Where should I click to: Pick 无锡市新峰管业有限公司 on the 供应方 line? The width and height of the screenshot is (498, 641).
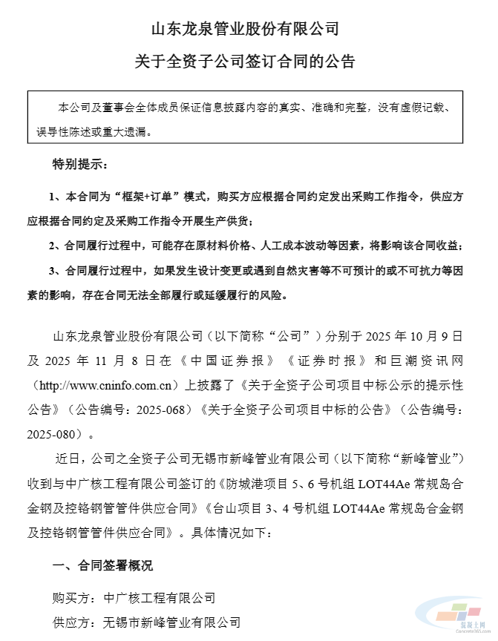[170, 621]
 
